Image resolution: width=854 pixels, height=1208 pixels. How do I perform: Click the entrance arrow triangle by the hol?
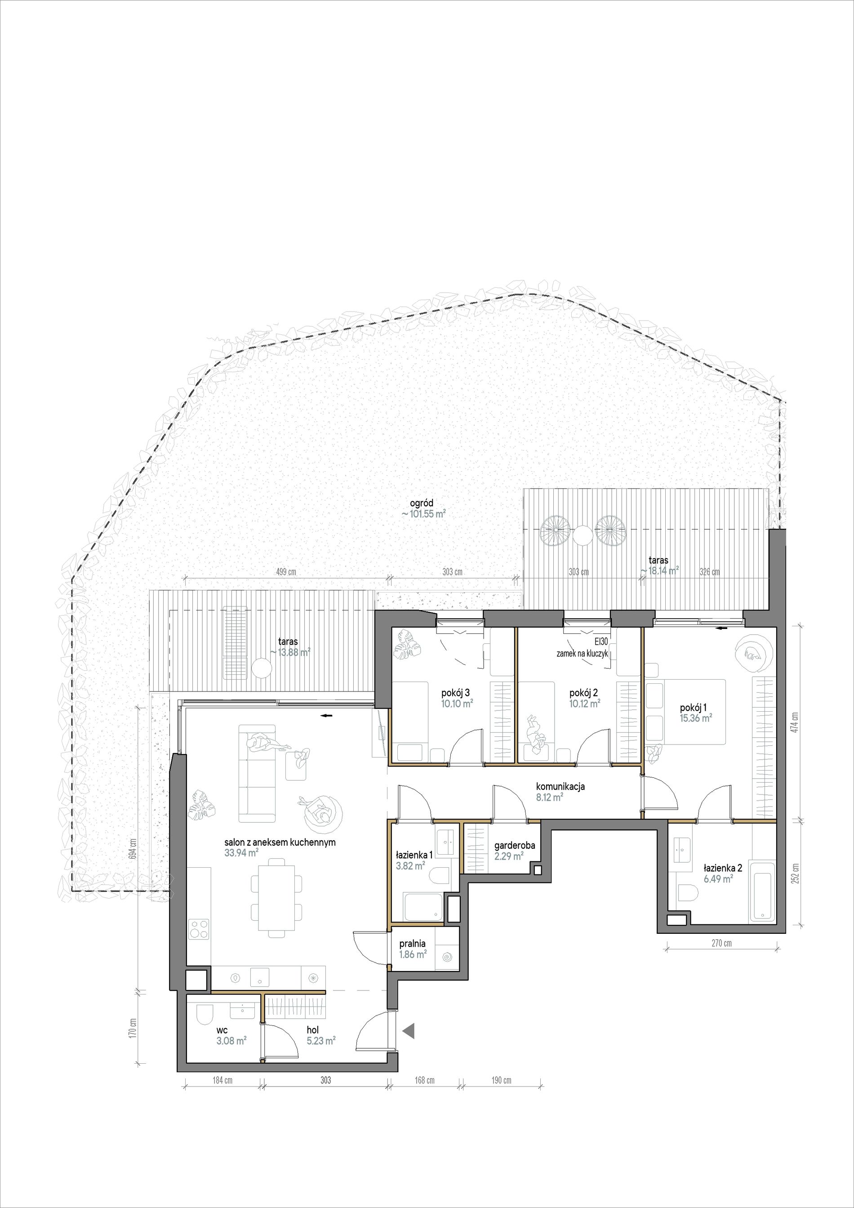coord(409,1029)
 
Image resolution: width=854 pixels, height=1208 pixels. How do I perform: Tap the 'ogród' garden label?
coord(422,504)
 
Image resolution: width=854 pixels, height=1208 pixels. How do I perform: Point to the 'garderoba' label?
coord(515,846)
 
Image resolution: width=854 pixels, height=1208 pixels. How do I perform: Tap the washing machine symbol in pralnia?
coord(449,957)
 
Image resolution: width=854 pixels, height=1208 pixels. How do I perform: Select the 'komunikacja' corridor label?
coord(560,787)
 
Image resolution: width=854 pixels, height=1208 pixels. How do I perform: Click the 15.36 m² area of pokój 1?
coord(696,718)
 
